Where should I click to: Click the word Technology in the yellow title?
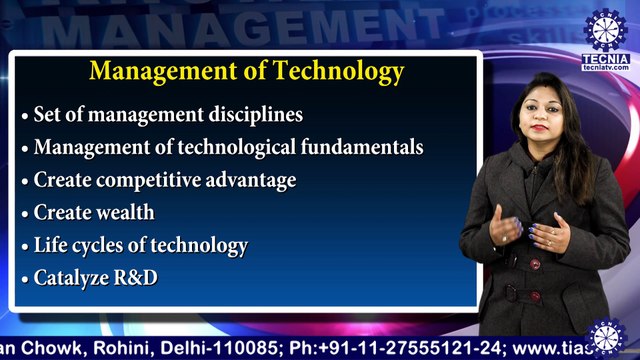click(x=339, y=72)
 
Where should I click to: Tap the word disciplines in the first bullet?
click(x=256, y=115)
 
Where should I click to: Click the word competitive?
click(x=144, y=180)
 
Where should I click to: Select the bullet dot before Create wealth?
click(x=25, y=214)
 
